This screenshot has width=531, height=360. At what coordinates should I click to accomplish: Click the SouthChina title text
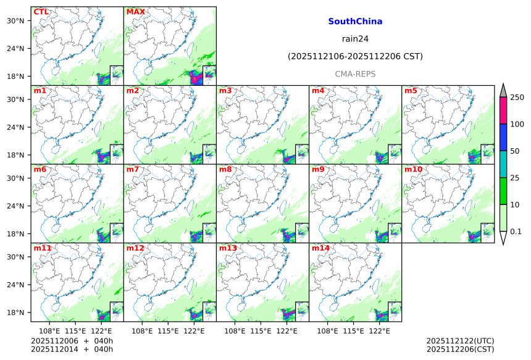point(355,22)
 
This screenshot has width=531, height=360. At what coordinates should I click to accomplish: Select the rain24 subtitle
point(355,39)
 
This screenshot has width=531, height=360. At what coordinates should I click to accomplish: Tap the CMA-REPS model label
point(355,73)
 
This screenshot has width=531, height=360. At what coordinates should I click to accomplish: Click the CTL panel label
point(41,12)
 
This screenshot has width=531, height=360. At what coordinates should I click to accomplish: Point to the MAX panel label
point(135,12)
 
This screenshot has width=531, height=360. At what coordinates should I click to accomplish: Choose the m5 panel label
point(410,91)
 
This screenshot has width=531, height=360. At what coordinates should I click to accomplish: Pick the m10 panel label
point(413,169)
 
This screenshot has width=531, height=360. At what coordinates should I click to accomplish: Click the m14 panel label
point(320,248)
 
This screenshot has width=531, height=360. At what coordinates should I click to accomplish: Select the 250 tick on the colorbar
point(517,98)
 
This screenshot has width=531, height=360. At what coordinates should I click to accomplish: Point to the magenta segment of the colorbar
point(503,111)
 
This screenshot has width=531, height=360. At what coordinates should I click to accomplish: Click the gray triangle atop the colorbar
point(503,90)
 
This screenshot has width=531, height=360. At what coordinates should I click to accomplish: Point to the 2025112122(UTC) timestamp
point(460,341)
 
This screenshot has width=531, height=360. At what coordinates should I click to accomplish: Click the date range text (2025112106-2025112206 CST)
point(355,56)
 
